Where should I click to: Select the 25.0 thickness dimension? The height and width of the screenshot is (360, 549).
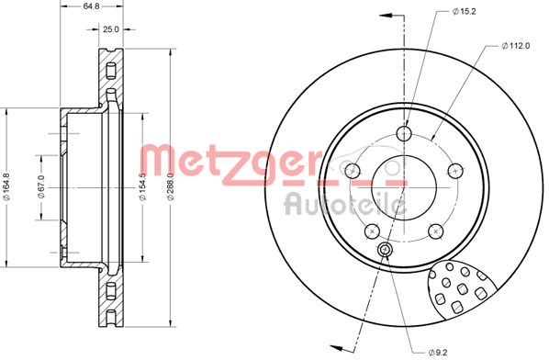pos(111,29)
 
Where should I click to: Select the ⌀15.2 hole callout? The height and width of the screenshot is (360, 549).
pos(463,11)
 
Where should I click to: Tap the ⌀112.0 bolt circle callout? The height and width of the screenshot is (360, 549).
pos(517,45)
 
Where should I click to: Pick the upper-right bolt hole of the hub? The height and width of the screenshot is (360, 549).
pos(454,169)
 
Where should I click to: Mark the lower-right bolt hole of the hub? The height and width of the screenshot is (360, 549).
pos(435,230)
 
